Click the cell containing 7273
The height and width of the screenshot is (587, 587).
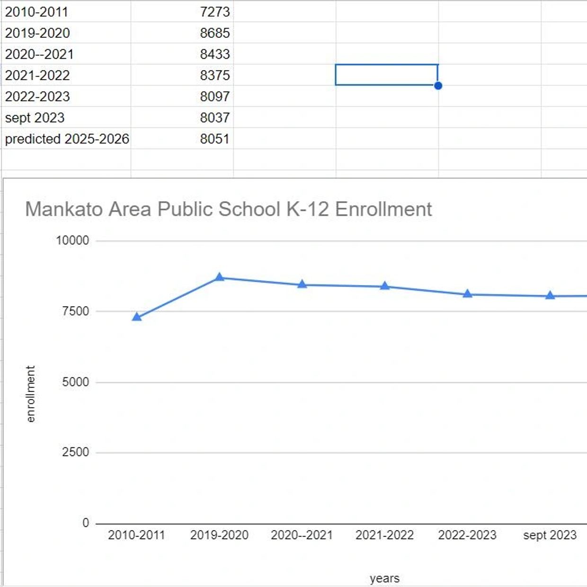(214, 12)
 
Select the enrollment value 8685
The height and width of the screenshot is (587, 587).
(214, 33)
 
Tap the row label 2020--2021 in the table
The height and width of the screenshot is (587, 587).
(39, 54)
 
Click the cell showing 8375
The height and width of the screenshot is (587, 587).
(214, 75)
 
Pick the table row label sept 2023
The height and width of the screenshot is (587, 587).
(35, 118)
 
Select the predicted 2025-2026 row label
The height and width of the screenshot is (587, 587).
(67, 139)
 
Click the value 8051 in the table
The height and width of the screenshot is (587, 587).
(214, 139)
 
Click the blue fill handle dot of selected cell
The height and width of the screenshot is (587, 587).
(438, 86)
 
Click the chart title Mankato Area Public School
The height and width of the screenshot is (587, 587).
(228, 209)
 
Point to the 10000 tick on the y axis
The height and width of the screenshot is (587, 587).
(72, 240)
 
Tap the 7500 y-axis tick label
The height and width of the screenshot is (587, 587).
(75, 311)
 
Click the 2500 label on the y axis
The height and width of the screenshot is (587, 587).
(75, 452)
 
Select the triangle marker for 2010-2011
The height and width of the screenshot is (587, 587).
(137, 317)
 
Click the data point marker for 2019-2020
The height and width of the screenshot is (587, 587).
(219, 277)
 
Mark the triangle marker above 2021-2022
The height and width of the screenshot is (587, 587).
(384, 286)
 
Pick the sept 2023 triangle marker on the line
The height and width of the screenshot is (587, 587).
(550, 295)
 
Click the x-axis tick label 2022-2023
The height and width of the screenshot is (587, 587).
(467, 535)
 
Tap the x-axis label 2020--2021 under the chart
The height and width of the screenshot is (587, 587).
(302, 535)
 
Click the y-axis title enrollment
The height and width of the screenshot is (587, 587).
(31, 394)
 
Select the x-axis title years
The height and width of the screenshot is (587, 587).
(384, 578)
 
